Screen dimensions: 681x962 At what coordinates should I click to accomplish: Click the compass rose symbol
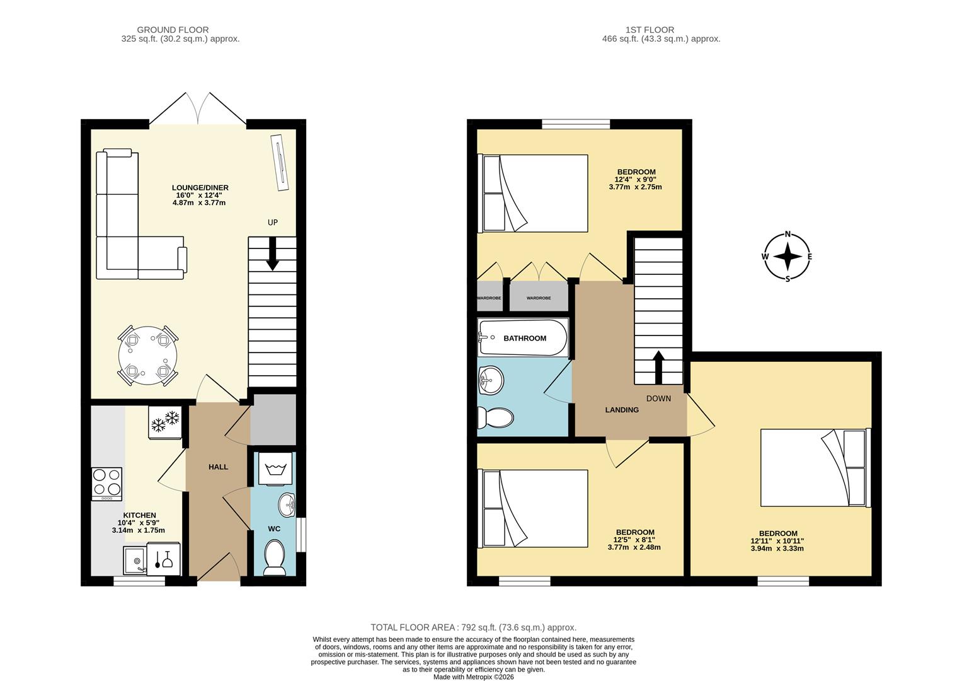pyautogui.click(x=787, y=257)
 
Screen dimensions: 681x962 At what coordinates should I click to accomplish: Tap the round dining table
pyautogui.click(x=148, y=356)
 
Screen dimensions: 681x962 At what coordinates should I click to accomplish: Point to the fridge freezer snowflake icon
pyautogui.click(x=166, y=421)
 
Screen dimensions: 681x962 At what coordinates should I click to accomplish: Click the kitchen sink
pyautogui.click(x=134, y=561)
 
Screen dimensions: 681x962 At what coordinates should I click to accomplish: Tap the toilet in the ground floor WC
pyautogui.click(x=274, y=559)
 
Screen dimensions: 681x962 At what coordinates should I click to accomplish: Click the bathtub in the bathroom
pyautogui.click(x=523, y=338)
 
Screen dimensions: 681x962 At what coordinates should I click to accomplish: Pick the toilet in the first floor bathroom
pyautogui.click(x=495, y=417)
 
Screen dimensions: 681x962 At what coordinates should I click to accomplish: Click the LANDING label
pyautogui.click(x=622, y=410)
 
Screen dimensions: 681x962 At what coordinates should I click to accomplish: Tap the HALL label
pyautogui.click(x=218, y=467)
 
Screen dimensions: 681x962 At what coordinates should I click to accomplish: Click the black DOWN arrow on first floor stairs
pyautogui.click(x=658, y=367)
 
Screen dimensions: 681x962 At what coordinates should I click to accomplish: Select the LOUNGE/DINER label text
pyautogui.click(x=200, y=188)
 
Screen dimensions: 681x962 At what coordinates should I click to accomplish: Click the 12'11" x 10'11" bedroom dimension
pyautogui.click(x=777, y=541)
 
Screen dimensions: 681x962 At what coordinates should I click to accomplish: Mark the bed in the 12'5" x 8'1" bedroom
pyautogui.click(x=534, y=508)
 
